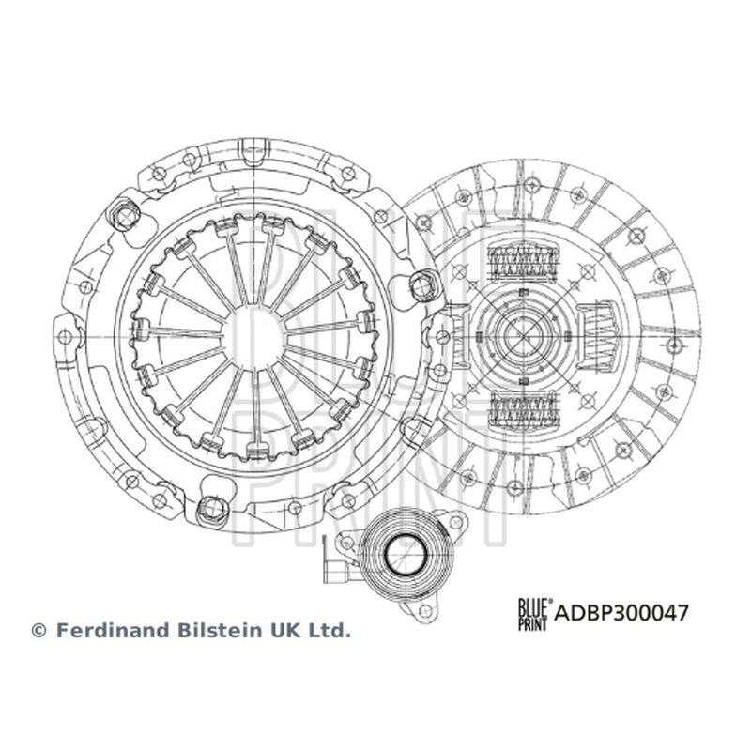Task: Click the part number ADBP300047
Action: [621, 613]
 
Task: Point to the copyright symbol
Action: [38, 631]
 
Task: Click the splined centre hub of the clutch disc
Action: [523, 334]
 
